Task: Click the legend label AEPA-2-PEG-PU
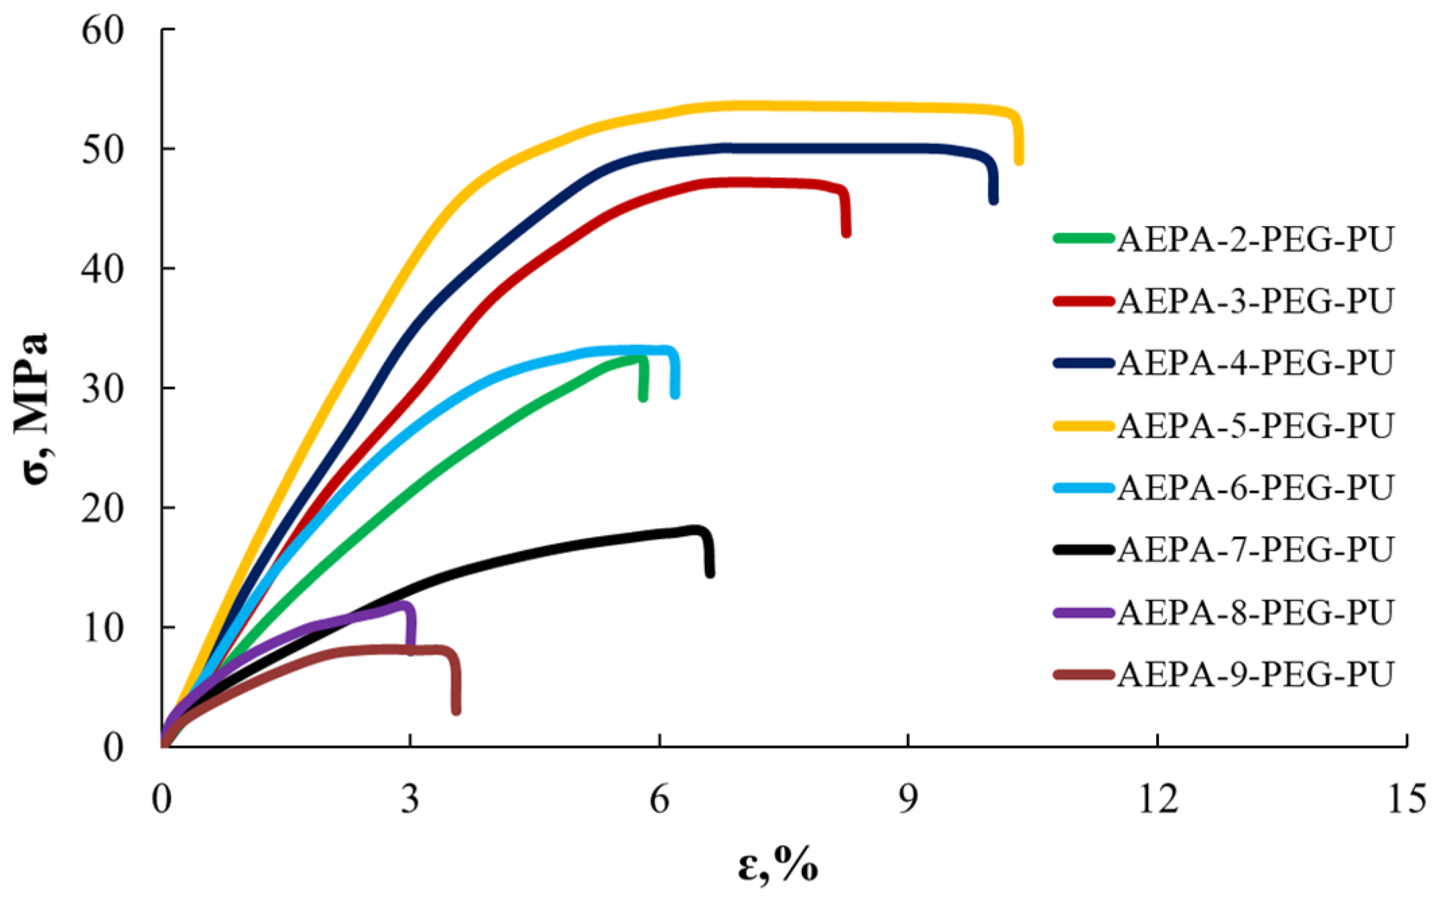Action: (x=1255, y=239)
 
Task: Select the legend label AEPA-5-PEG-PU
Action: (x=1255, y=426)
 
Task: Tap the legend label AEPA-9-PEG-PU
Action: (x=1255, y=674)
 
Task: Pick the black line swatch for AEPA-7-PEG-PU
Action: (x=1084, y=550)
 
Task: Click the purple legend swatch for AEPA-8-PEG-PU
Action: (x=1084, y=612)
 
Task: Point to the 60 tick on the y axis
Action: (x=102, y=30)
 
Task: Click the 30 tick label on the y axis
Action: (x=102, y=389)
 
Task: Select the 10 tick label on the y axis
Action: (x=102, y=629)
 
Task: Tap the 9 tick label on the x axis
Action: (x=908, y=800)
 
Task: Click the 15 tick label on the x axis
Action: (x=1406, y=800)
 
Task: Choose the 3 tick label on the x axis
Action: (x=410, y=800)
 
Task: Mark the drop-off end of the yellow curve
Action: (x=1019, y=161)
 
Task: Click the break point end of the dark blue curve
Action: (x=993, y=200)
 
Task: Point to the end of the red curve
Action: (x=846, y=233)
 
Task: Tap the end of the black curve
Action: (x=710, y=573)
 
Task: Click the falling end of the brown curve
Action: (x=456, y=710)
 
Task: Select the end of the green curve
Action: (x=643, y=397)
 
